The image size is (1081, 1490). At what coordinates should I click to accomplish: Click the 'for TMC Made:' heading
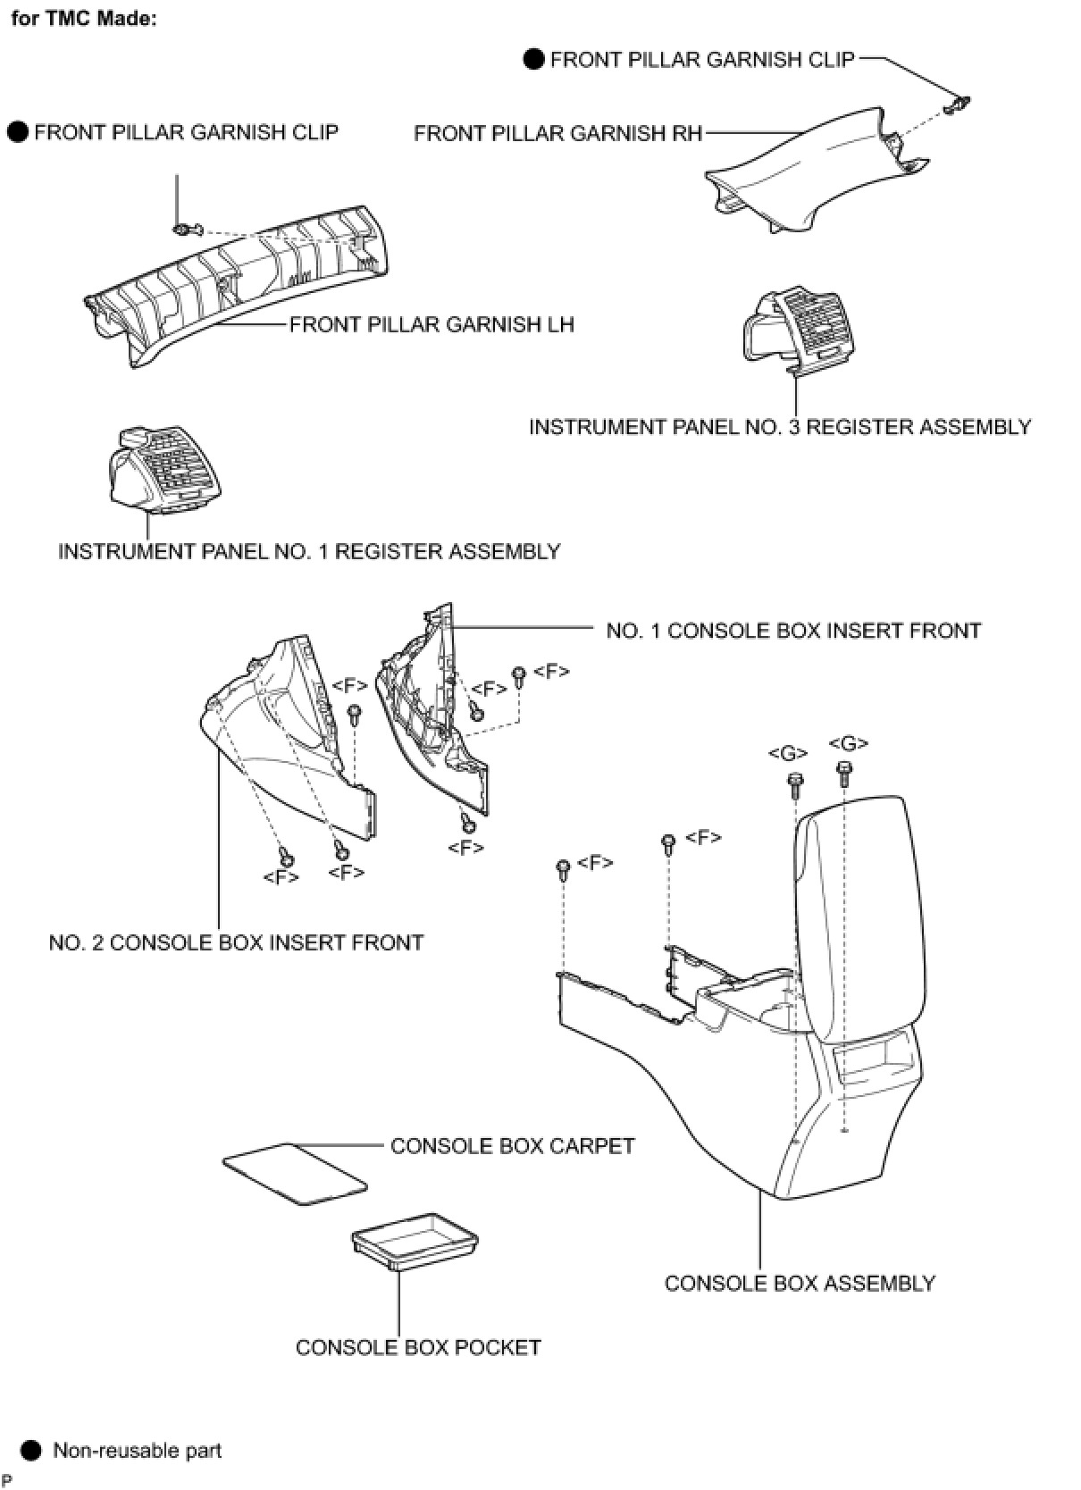click(83, 18)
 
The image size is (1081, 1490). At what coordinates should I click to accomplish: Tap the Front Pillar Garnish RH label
click(557, 134)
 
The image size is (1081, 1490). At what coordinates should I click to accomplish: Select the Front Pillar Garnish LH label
click(432, 324)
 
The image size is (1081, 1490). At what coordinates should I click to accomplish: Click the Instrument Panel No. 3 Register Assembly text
click(779, 427)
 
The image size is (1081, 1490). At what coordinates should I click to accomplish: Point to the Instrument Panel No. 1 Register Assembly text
click(309, 551)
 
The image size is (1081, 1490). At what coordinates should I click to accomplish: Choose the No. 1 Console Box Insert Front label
click(792, 631)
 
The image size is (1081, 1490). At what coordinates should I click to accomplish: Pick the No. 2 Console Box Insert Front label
click(236, 942)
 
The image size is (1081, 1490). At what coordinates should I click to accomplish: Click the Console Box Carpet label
click(512, 1145)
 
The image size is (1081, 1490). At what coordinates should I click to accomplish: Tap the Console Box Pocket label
click(418, 1347)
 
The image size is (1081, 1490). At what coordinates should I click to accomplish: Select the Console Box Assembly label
click(800, 1283)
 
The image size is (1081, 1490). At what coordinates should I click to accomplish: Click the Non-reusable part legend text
click(137, 1450)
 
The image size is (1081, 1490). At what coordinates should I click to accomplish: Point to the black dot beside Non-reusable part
click(31, 1450)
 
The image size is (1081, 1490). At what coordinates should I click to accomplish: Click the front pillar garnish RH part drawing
click(804, 174)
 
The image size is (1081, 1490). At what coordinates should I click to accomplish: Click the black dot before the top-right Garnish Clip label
click(533, 60)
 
